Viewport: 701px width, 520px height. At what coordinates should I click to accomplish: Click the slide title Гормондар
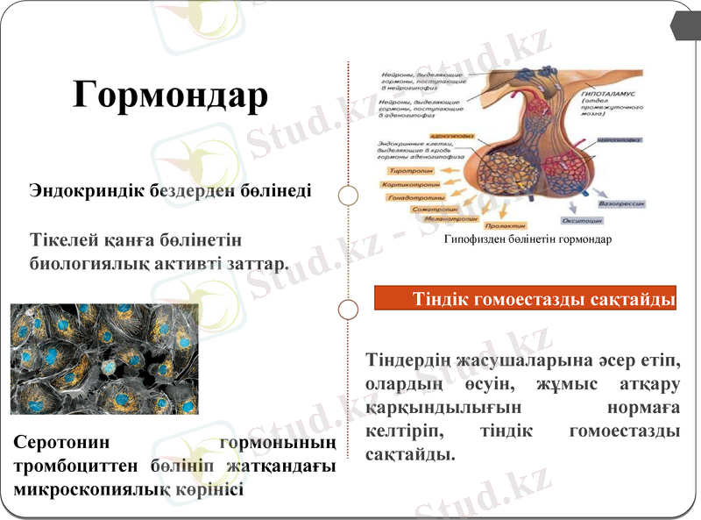pyautogui.click(x=170, y=94)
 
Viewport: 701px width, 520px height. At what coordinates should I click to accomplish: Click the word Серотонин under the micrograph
pyautogui.click(x=61, y=443)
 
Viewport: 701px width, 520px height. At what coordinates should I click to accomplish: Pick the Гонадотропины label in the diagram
pyautogui.click(x=418, y=198)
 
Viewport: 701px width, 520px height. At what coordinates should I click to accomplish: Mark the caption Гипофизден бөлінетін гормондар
pyautogui.click(x=528, y=239)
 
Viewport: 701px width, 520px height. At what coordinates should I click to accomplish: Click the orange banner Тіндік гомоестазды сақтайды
pyautogui.click(x=527, y=299)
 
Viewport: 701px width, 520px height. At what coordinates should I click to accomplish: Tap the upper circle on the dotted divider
pyautogui.click(x=349, y=195)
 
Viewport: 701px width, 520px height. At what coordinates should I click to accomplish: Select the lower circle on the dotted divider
pyautogui.click(x=349, y=310)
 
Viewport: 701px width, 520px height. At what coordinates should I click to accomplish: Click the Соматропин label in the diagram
pyautogui.click(x=435, y=210)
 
